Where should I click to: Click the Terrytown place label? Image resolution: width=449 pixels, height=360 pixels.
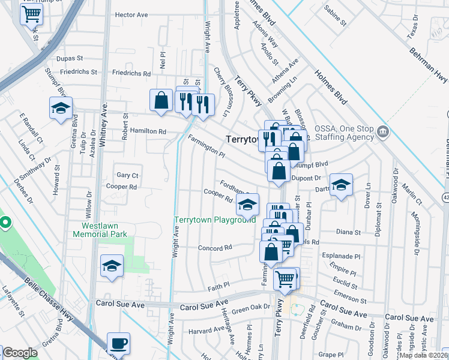[x=242, y=139]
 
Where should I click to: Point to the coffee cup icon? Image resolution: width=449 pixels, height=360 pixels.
[x=118, y=344]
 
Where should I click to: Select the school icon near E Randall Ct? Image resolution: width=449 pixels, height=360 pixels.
[x=61, y=109]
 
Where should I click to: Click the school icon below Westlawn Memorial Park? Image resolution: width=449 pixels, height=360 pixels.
[x=112, y=266]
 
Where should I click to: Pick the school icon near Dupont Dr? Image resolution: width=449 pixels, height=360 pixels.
[x=341, y=185]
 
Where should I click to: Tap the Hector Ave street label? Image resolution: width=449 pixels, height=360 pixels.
[x=131, y=15]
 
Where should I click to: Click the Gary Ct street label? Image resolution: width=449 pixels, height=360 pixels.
[x=128, y=175]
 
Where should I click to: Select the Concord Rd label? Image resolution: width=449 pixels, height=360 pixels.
[x=215, y=248]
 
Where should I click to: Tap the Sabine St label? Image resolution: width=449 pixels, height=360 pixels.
[x=336, y=17]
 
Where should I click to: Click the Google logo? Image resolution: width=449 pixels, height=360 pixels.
[x=20, y=353]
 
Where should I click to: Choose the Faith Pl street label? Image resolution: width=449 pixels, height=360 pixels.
[x=218, y=285]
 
